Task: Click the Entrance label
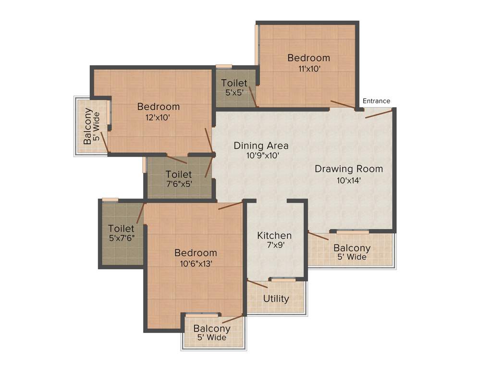pyautogui.click(x=376, y=101)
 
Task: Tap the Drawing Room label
pyautogui.click(x=349, y=169)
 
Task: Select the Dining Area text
pyautogui.click(x=261, y=146)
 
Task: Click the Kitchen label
pyautogui.click(x=274, y=235)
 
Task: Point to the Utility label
pyautogui.click(x=276, y=299)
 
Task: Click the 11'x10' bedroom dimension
pyautogui.click(x=309, y=69)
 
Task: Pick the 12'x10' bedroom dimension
pyautogui.click(x=158, y=117)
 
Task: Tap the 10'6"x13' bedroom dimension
pyautogui.click(x=196, y=263)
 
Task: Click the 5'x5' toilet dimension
pyautogui.click(x=234, y=93)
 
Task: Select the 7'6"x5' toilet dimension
pyautogui.click(x=178, y=184)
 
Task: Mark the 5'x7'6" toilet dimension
pyautogui.click(x=121, y=238)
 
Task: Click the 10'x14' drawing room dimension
pyautogui.click(x=349, y=181)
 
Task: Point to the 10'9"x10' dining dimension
pyautogui.click(x=261, y=156)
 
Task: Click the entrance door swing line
pyautogui.click(x=378, y=113)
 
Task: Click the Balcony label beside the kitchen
pyautogui.click(x=352, y=248)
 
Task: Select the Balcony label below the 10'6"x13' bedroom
pyautogui.click(x=212, y=329)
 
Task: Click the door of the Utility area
pyautogui.click(x=258, y=283)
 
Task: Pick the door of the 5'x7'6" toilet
pyautogui.click(x=141, y=213)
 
